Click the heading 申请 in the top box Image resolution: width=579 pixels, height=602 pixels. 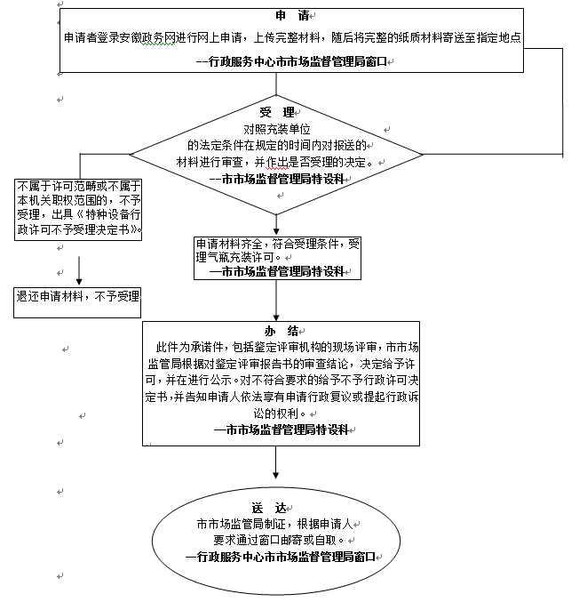tap(292, 17)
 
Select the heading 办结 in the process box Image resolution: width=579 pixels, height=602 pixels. tap(279, 331)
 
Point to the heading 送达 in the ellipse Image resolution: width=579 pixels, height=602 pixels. tap(278, 507)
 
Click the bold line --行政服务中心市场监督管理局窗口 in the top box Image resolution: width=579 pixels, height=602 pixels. tap(292, 61)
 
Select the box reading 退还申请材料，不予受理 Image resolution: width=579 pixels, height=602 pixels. tap(77, 296)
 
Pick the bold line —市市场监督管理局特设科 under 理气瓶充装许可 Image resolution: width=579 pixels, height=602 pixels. tap(276, 271)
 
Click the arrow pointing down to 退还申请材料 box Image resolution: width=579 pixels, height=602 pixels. tap(79, 269)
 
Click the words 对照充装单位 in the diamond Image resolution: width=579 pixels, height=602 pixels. tap(277, 129)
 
